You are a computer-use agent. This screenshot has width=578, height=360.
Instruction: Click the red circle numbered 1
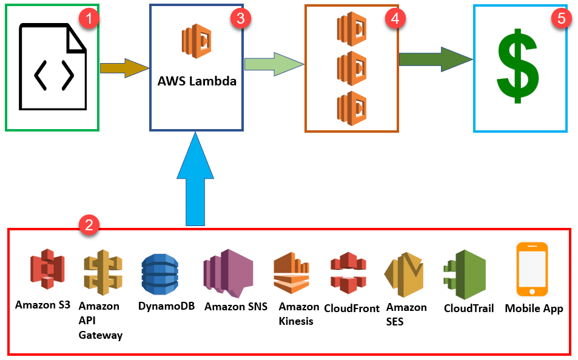(x=90, y=18)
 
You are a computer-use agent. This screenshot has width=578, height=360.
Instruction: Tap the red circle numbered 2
(x=89, y=225)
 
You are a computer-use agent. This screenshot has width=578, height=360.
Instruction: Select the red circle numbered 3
(x=240, y=18)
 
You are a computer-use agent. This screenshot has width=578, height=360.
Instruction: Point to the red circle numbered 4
(x=395, y=18)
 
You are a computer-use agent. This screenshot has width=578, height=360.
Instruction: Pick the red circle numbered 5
(x=561, y=18)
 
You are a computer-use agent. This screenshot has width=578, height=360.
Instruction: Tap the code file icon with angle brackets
(x=53, y=67)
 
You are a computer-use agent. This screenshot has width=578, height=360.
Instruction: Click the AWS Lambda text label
(x=197, y=81)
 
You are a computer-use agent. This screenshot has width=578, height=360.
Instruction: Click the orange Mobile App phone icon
(x=532, y=269)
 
